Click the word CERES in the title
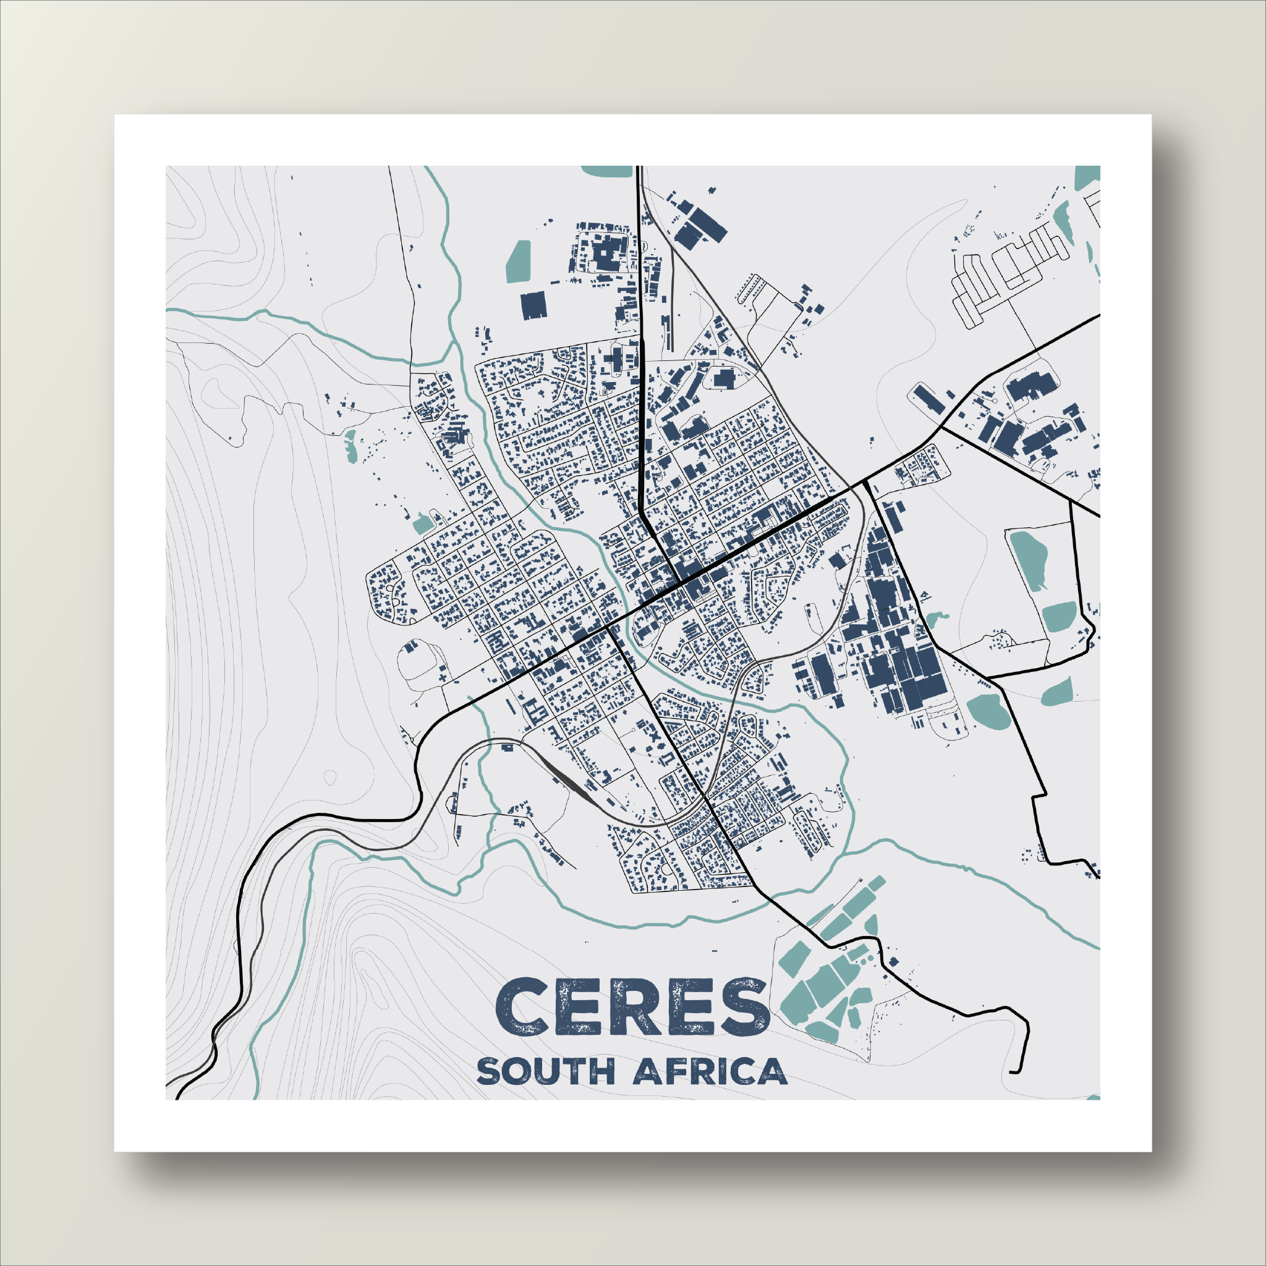[x=632, y=1007]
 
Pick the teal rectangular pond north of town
[x=519, y=261]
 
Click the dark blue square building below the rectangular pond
[x=533, y=305]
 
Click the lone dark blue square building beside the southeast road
[x=892, y=962]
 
